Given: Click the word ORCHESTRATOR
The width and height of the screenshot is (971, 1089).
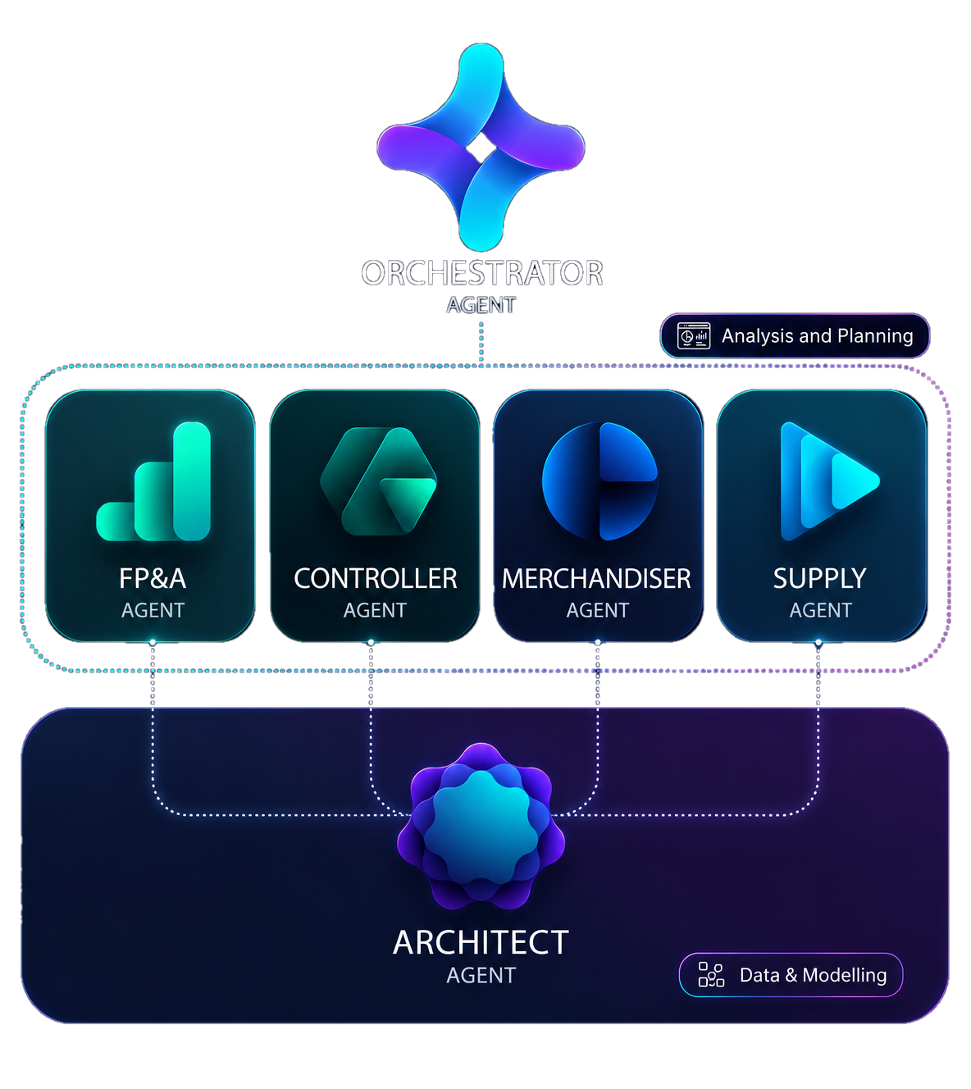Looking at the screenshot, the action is pyautogui.click(x=481, y=272).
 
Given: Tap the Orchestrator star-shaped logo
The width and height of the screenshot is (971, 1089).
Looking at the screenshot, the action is pyautogui.click(x=481, y=147).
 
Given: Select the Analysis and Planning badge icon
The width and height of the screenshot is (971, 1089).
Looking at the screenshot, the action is pyautogui.click(x=694, y=336).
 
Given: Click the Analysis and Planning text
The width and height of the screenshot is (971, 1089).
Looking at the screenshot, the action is pyautogui.click(x=818, y=336).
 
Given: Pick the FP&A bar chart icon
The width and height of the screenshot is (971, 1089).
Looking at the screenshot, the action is pyautogui.click(x=153, y=481).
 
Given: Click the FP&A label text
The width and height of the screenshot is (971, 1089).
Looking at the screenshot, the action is pyautogui.click(x=153, y=578).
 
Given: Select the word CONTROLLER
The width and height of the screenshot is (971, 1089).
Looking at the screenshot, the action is pyautogui.click(x=376, y=578).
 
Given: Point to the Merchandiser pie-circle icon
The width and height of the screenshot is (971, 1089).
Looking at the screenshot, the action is pyautogui.click(x=600, y=481).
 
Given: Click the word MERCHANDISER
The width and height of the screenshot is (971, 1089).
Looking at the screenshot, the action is pyautogui.click(x=596, y=578).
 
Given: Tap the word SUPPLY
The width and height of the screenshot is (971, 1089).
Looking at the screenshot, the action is pyautogui.click(x=820, y=578).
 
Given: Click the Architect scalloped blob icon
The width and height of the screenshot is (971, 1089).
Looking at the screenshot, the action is pyautogui.click(x=481, y=826).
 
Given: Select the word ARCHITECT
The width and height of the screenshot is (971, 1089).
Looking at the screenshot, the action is pyautogui.click(x=481, y=943).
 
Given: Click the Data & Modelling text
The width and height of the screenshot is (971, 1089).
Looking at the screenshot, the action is pyautogui.click(x=813, y=975).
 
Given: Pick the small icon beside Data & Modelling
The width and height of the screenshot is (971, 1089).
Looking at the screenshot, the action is pyautogui.click(x=711, y=975).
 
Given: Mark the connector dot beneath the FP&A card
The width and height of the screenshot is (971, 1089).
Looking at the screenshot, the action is pyautogui.click(x=153, y=642).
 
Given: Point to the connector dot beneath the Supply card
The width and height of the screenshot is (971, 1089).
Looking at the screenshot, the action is pyautogui.click(x=818, y=642).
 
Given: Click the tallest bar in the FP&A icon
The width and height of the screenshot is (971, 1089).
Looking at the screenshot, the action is pyautogui.click(x=192, y=481).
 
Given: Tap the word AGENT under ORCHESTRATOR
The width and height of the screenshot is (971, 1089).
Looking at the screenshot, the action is pyautogui.click(x=481, y=305).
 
